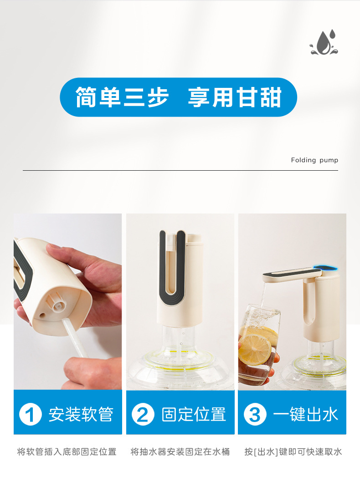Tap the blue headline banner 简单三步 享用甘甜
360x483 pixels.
(178, 97)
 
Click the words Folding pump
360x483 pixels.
(314, 160)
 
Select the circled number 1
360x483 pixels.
(31, 415)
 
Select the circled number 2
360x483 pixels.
(143, 415)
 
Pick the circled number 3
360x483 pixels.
(255, 415)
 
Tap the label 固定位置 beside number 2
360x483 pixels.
(194, 415)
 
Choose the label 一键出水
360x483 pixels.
(305, 415)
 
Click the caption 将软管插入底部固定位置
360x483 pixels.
(67, 452)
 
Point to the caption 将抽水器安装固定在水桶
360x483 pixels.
(180, 452)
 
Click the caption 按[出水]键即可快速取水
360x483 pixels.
(293, 452)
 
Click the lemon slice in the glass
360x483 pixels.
(255, 349)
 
